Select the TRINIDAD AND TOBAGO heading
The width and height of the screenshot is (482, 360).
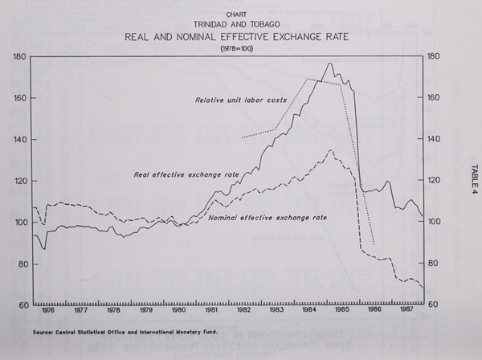237,24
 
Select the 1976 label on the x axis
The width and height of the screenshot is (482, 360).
48,309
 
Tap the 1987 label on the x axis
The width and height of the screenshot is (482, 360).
407,309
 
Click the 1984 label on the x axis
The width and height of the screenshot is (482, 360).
309,309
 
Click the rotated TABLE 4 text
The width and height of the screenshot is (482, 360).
470,175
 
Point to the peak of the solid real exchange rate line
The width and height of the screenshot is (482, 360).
329,63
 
